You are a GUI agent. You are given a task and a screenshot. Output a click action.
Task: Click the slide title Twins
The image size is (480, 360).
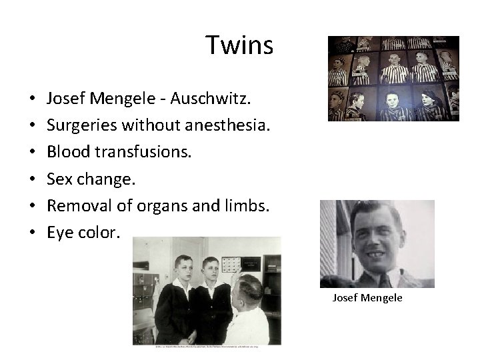click(239, 45)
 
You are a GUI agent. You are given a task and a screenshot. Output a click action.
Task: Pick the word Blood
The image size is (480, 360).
click(65, 153)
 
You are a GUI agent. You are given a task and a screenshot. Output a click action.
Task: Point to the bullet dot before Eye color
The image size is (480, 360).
click(32, 233)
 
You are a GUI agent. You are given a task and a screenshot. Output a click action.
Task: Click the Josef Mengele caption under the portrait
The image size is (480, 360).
click(367, 298)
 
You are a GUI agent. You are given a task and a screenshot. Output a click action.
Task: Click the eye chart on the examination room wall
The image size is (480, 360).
click(231, 264)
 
